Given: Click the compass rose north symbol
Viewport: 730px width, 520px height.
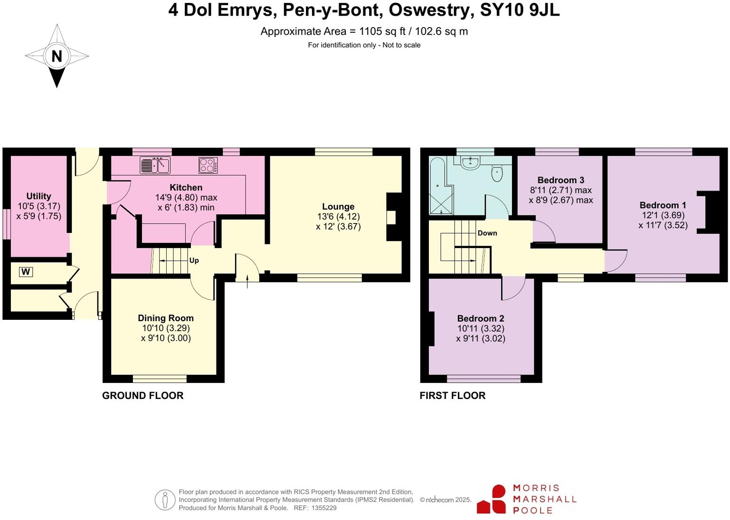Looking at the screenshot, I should (57, 56).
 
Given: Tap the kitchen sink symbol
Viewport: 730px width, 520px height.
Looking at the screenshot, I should (155, 165).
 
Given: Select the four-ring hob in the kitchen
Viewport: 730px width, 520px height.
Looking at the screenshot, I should (208, 165).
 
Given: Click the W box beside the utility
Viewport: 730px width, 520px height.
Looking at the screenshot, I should (26, 272).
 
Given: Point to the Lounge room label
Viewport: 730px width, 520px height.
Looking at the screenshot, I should (338, 206).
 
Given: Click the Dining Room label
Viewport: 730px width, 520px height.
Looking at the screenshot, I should (166, 318).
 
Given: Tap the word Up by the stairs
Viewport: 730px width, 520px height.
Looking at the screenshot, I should (194, 260).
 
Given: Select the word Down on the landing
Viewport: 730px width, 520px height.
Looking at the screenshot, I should (487, 233).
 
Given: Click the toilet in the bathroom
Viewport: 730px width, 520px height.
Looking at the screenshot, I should (497, 173).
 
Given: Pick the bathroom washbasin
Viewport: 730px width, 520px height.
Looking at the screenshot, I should (470, 163).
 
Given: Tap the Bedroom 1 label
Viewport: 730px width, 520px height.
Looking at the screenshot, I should (663, 205).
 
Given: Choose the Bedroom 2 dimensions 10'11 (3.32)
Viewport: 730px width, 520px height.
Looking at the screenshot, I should (481, 328).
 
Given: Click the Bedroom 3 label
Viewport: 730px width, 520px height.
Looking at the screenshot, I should (560, 180).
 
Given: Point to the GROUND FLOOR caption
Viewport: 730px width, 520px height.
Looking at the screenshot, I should (142, 396).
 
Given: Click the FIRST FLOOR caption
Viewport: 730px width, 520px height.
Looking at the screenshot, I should (452, 396).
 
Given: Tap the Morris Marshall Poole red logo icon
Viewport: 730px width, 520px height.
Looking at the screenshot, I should (493, 499).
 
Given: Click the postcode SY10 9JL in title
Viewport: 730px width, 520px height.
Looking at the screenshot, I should (520, 10).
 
